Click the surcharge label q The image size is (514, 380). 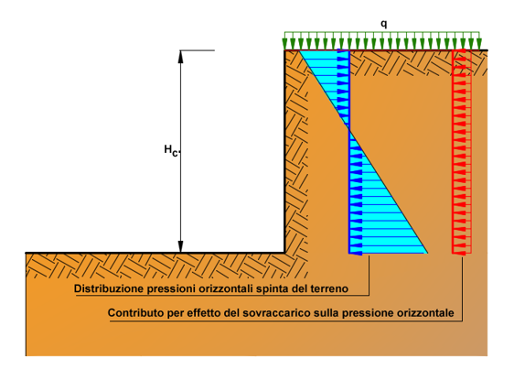pyautogui.click(x=383, y=24)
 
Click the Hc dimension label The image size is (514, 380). pyautogui.click(x=171, y=150)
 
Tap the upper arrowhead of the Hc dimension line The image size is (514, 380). pyautogui.click(x=180, y=57)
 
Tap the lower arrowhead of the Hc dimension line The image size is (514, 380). pyautogui.click(x=180, y=246)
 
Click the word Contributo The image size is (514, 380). pyautogui.click(x=136, y=313)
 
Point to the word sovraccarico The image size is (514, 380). pyautogui.click(x=277, y=313)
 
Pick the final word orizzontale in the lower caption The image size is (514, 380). pyautogui.click(x=425, y=313)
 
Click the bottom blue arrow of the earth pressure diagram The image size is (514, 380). pyautogui.click(x=356, y=253)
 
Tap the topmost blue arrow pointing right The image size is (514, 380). pyautogui.click(x=343, y=51)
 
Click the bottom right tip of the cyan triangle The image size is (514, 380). pyautogui.click(x=427, y=253)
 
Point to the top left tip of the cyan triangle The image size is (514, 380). pyautogui.click(x=300, y=51)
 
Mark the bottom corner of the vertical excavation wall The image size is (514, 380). pyautogui.click(x=284, y=253)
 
